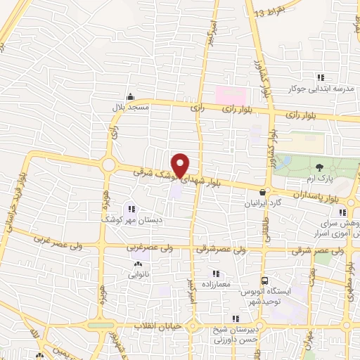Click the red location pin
[x=181, y=165]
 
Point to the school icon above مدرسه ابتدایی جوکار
[x=321, y=77]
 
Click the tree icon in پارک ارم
[x=320, y=167]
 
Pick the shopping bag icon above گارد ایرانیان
[x=262, y=191]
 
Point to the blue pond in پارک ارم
[x=285, y=162]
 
